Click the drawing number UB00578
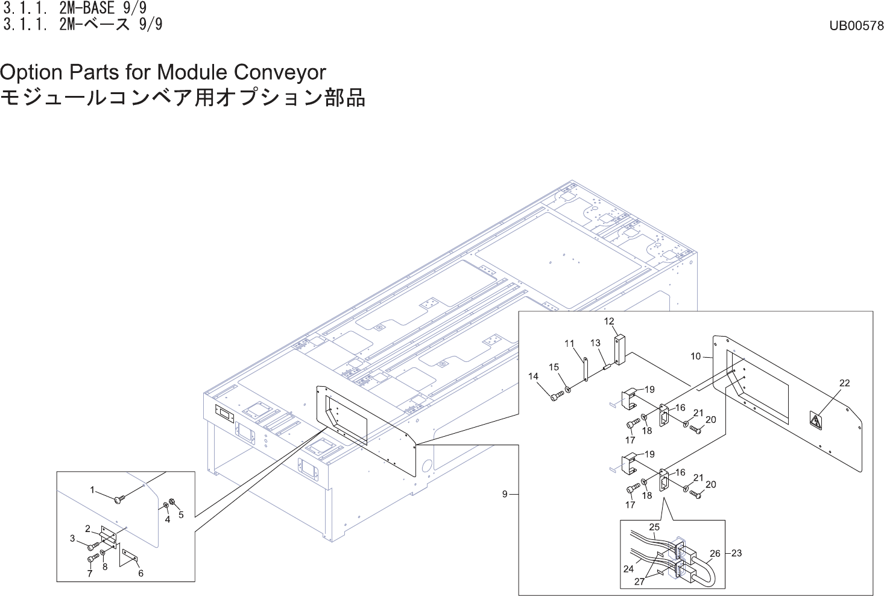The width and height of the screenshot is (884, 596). point(856,25)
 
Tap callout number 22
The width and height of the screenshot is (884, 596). point(844,383)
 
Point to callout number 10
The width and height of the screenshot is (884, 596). point(695,357)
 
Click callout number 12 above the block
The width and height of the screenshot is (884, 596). point(609,322)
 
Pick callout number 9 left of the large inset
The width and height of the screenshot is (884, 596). point(505,494)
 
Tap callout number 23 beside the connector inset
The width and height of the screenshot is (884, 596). point(736,553)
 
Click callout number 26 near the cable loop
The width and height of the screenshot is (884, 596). point(715,553)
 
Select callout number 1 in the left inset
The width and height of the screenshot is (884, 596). point(92,490)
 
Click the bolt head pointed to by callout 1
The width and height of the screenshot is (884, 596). point(119,499)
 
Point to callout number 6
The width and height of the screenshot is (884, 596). point(140,573)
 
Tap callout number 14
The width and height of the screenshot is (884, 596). point(533,376)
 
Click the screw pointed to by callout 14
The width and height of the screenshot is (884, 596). point(557,396)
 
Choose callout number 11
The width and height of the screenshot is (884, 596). point(569,344)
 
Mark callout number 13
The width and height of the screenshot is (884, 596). point(595,343)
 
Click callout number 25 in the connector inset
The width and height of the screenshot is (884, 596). point(654,527)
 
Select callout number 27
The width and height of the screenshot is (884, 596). point(639,582)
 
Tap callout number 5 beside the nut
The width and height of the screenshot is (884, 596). point(181,515)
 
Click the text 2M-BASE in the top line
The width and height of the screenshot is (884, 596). point(87,8)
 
